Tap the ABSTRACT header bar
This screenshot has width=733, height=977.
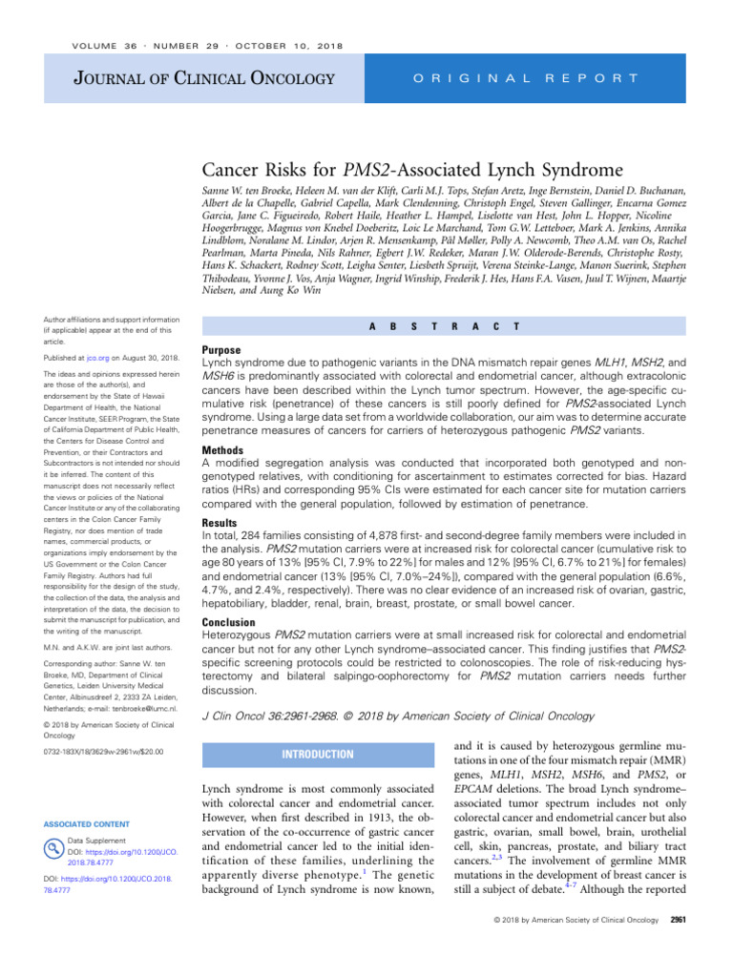pos(443,326)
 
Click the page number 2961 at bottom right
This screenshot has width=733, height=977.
pos(679,946)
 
